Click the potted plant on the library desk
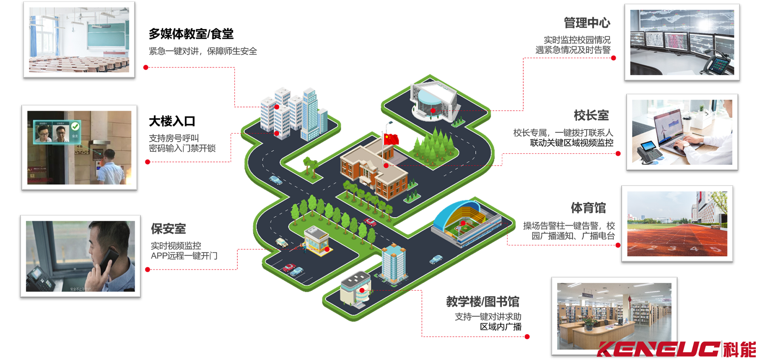coord(588,322)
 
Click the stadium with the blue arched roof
coord(462,221)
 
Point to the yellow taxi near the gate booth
coord(281,242)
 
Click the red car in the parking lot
coord(289,268)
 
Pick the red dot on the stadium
coord(463,223)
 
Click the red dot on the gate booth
coord(327,249)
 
